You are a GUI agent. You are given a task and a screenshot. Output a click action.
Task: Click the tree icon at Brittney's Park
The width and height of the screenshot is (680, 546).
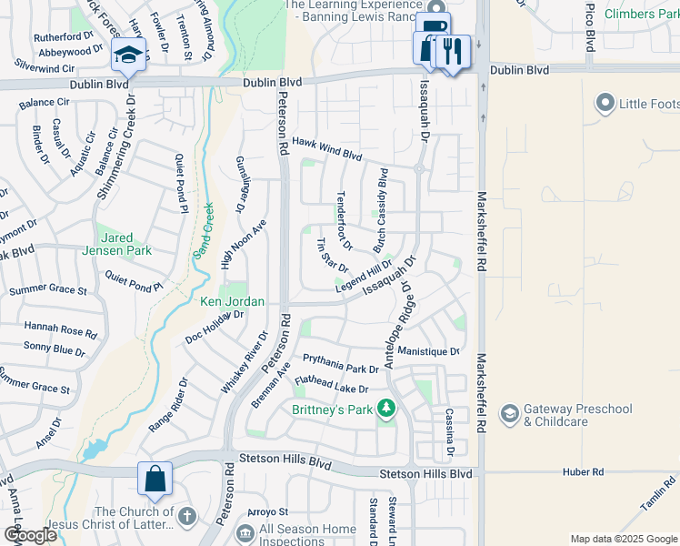pyautogui.click(x=388, y=409)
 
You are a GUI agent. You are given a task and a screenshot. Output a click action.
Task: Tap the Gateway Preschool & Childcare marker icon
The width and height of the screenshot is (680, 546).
pyautogui.click(x=510, y=415)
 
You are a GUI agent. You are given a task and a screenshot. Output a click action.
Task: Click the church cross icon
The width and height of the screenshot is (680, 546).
pyautogui.click(x=186, y=517)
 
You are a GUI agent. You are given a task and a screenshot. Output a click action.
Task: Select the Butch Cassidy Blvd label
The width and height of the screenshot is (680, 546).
pyautogui.click(x=382, y=210)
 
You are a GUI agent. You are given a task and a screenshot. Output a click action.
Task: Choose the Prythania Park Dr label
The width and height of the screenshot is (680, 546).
pyautogui.click(x=340, y=364)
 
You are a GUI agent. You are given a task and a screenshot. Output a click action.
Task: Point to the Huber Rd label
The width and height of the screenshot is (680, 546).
pyautogui.click(x=583, y=472)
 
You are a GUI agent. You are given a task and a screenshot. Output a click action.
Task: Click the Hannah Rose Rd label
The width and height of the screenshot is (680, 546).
pyautogui.click(x=60, y=329)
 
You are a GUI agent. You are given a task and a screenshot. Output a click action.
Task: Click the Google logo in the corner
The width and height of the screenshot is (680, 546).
pyautogui.click(x=30, y=535)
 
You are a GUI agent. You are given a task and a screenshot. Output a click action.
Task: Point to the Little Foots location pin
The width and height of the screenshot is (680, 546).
pyautogui.click(x=605, y=104)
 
